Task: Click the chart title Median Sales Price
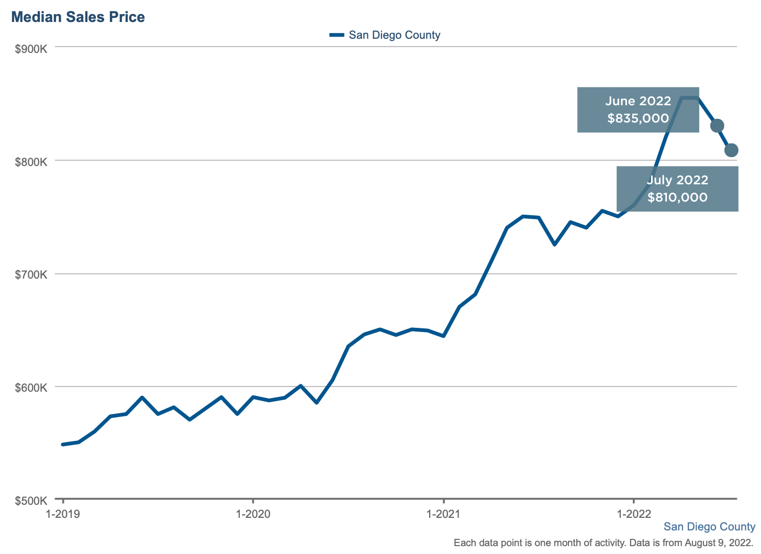coord(78,17)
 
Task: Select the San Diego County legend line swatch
coord(337,35)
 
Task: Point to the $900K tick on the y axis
coord(31,49)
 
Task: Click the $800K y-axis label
coord(31,162)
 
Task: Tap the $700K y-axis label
coord(31,275)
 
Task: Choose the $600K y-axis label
coord(31,388)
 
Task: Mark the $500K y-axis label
coord(31,501)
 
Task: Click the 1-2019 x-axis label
coord(63,514)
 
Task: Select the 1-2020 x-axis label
coord(253,514)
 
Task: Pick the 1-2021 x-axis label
coord(444,514)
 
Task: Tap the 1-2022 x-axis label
coord(634,514)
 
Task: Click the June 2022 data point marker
coord(717,126)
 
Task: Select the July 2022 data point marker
coord(731,150)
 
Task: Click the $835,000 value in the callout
coord(638,118)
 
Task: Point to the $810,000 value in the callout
coord(677,197)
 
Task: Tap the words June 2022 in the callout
coord(638,101)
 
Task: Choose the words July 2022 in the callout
coord(677,180)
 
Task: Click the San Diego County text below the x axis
coord(709,527)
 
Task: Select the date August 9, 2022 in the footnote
coord(718,543)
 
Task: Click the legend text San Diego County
coord(394,35)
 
